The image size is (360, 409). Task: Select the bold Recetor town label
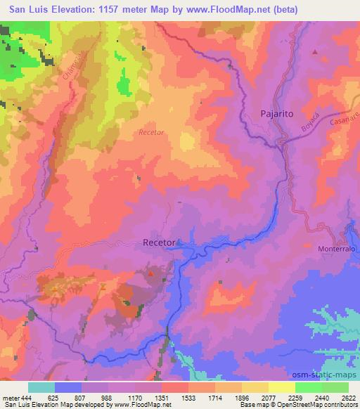159,242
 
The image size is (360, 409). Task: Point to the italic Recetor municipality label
151,132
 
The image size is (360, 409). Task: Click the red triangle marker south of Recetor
150,273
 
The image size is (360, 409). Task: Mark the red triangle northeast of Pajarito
315,52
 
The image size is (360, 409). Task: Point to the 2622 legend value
348,397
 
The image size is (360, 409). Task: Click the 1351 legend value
162,397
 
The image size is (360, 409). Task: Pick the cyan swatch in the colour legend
41,387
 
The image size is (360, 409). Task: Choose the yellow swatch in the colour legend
282,387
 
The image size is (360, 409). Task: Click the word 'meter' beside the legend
11,397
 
